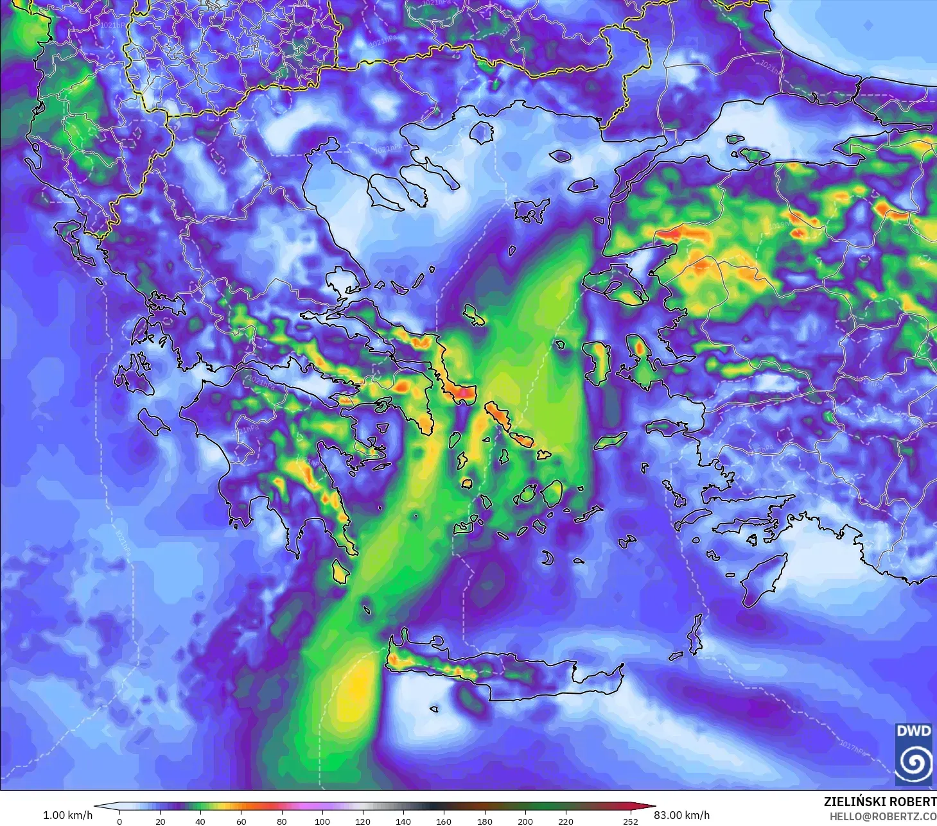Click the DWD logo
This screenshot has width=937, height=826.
(x=913, y=754)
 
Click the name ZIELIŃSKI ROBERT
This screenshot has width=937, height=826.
(x=880, y=802)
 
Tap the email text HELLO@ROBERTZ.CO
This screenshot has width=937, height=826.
(x=882, y=816)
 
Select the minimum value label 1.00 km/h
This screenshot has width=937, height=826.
(x=67, y=815)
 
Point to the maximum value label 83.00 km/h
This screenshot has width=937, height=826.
(x=681, y=815)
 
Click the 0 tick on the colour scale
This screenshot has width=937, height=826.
(x=119, y=821)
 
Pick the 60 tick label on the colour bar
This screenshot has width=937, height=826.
(x=241, y=821)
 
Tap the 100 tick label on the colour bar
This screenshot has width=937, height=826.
(x=322, y=821)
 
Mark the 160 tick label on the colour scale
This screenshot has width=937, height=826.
(x=444, y=821)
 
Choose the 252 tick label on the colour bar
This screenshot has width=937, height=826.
(x=631, y=821)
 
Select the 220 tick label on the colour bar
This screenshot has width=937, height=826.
(x=565, y=821)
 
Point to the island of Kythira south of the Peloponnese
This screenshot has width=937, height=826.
(x=340, y=571)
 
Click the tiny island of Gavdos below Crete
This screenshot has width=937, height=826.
(x=434, y=709)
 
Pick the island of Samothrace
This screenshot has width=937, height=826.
(x=560, y=155)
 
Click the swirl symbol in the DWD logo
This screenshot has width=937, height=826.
(x=913, y=763)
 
